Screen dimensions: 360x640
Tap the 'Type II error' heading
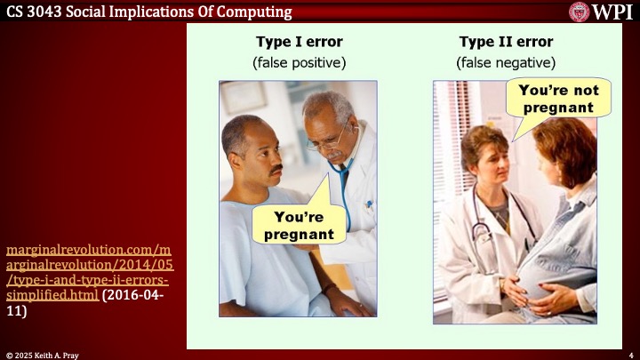pyautogui.click(x=505, y=42)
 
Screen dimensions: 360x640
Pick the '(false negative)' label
pyautogui.click(x=505, y=62)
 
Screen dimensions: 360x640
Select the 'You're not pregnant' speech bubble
pyautogui.click(x=558, y=99)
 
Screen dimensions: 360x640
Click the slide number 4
pyautogui.click(x=630, y=354)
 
